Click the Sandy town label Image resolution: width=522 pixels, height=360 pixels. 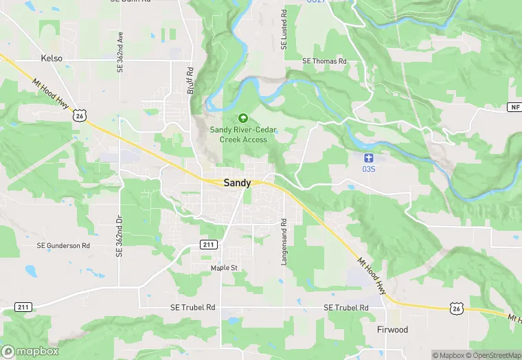coord(237,183)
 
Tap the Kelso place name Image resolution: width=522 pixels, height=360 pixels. coord(52,58)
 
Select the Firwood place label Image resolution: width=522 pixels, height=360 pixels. coord(392,330)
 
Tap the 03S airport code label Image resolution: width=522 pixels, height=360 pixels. coord(369,168)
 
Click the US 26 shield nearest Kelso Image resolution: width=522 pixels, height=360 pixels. coord(81,117)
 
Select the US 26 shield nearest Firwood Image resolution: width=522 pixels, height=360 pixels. coord(456,309)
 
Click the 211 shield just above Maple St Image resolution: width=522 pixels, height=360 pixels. coord(209,245)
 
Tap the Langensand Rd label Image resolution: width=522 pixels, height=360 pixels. coord(284,243)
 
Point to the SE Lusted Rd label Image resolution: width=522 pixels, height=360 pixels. coord(284,30)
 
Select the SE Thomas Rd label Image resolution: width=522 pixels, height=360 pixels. coord(325,61)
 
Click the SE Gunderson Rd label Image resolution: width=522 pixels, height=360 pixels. coord(64,245)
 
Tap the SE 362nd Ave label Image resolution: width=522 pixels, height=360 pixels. coord(120,46)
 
